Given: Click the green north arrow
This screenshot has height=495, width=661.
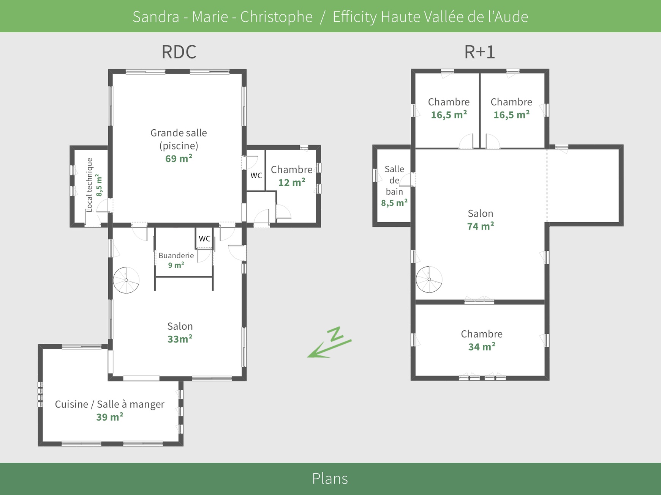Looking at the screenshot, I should click(329, 343).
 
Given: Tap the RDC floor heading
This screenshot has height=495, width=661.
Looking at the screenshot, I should click(179, 52).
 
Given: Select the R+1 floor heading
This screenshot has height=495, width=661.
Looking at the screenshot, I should click(480, 52).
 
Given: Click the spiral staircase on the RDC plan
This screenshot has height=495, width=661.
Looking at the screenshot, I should click(126, 280).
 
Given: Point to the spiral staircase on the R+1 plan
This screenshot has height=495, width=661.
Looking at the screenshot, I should click(429, 280).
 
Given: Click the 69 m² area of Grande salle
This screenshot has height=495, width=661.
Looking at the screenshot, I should click(179, 159).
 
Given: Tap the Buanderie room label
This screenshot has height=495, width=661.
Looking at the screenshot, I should click(176, 256).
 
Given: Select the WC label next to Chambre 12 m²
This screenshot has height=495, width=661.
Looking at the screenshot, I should click(256, 176).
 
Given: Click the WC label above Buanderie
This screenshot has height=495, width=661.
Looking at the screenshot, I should click(204, 239).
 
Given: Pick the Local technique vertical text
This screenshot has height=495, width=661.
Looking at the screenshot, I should click(90, 185).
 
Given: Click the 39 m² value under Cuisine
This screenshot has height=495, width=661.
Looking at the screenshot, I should click(109, 417).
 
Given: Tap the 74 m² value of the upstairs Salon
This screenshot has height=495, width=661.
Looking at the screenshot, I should click(480, 226).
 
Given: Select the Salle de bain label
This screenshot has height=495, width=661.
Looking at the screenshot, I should click(394, 180).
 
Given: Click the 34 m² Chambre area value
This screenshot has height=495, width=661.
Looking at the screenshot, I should click(481, 347).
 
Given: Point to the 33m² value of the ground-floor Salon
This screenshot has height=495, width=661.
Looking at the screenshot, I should click(180, 339).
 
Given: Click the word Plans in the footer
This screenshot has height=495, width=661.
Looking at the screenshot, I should click(330, 479).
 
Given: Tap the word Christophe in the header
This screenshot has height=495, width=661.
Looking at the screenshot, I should click(276, 17).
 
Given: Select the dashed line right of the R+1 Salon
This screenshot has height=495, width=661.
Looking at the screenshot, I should click(547, 186).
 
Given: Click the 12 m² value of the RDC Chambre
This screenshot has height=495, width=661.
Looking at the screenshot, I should click(291, 183).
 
